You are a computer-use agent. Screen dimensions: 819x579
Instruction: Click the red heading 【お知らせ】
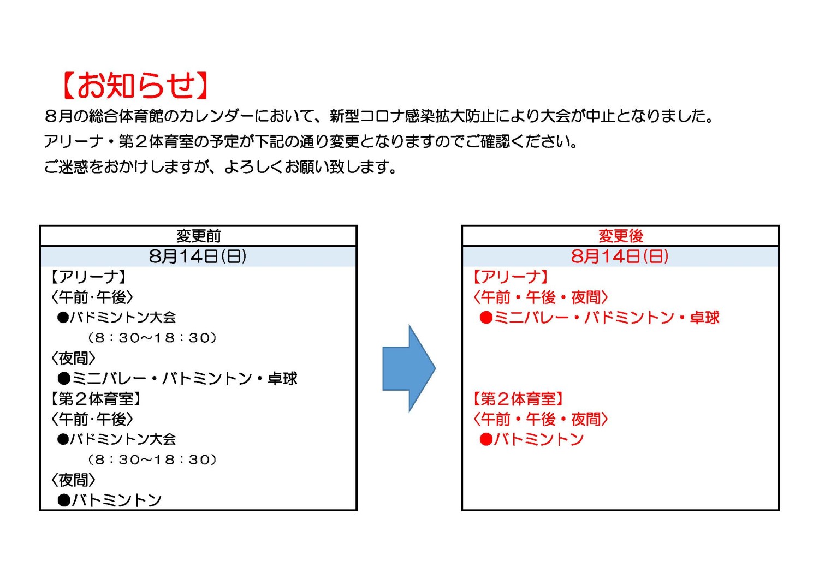(x=135, y=86)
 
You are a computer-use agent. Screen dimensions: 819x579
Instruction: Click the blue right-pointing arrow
(x=409, y=368)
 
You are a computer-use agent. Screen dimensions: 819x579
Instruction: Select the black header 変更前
(x=199, y=236)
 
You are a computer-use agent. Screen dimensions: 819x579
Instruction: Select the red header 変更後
(x=620, y=236)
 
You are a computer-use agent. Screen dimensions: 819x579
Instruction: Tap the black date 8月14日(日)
(x=198, y=256)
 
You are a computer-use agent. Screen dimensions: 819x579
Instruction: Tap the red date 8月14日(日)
(x=620, y=256)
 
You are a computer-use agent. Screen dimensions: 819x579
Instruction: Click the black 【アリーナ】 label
(x=88, y=277)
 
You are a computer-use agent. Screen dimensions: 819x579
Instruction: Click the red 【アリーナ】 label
(x=510, y=277)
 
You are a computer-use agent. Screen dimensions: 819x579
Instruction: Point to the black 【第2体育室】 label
(x=95, y=399)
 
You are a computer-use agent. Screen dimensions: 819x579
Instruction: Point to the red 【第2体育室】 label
(x=518, y=399)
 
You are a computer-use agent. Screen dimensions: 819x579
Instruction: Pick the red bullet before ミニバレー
(x=486, y=318)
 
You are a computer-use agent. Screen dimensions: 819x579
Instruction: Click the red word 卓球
(x=704, y=317)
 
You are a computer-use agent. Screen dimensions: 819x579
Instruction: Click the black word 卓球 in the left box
(x=282, y=378)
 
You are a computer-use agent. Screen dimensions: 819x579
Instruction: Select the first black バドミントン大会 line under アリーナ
(x=117, y=317)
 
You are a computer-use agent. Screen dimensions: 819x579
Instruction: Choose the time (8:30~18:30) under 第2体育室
(x=152, y=459)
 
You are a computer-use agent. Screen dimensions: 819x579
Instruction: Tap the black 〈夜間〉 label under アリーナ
(x=73, y=358)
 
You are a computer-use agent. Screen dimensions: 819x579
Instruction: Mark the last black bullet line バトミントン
(x=109, y=500)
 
